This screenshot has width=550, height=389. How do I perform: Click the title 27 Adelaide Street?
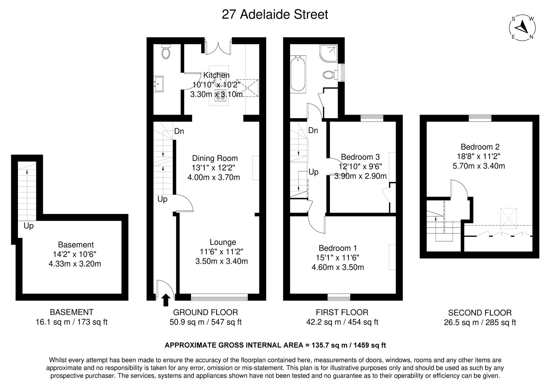pyautogui.click(x=275, y=14)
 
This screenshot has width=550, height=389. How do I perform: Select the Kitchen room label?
pyautogui.click(x=216, y=75)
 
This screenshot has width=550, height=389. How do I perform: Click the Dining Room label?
pyautogui.click(x=215, y=158)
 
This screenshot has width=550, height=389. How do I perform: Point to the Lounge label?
pyautogui.click(x=223, y=242)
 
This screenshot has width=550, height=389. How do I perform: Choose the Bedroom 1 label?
pyautogui.click(x=337, y=248)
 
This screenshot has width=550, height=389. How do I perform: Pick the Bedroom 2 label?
pyautogui.click(x=480, y=147)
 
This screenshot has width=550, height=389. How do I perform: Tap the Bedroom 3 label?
pyautogui.click(x=360, y=157)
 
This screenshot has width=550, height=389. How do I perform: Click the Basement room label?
pyautogui.click(x=76, y=245)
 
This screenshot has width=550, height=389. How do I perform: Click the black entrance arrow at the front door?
pyautogui.click(x=166, y=300)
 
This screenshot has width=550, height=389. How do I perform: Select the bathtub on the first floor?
pyautogui.click(x=298, y=73)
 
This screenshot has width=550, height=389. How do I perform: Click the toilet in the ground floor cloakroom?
pyautogui.click(x=166, y=52)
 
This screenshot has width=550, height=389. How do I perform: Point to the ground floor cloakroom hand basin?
pyautogui.click(x=159, y=84)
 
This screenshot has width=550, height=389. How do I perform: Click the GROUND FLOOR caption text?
pyautogui.click(x=205, y=312)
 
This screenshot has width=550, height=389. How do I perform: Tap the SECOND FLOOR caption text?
pyautogui.click(x=479, y=313)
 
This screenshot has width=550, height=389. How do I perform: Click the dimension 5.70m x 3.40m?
pyautogui.click(x=478, y=166)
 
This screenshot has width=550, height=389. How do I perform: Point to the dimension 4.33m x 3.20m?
pyautogui.click(x=74, y=264)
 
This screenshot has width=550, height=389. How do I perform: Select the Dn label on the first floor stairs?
pyautogui.click(x=313, y=130)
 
